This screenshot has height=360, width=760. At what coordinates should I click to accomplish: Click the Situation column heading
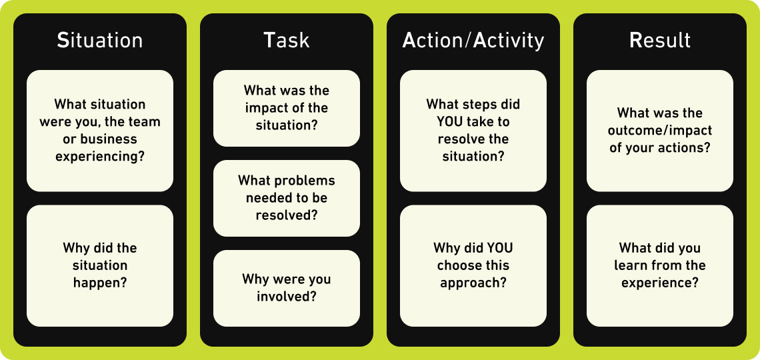[100, 41]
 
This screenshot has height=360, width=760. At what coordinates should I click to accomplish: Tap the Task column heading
[287, 41]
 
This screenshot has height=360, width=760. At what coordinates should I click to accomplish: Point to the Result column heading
[660, 41]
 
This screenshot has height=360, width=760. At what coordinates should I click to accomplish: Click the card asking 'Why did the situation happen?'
[100, 265]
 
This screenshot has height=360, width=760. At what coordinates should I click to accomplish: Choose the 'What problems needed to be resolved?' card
[287, 198]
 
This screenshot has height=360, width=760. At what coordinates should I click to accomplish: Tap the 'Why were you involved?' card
[287, 288]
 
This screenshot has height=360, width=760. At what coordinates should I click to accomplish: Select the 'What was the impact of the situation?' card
[287, 108]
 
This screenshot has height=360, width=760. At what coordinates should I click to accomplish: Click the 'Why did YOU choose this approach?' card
[473, 265]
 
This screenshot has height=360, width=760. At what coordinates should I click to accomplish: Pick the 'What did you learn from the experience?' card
[660, 265]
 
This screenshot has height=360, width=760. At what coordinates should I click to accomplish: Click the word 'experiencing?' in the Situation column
[100, 157]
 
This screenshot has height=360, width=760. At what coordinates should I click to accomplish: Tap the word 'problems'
[305, 181]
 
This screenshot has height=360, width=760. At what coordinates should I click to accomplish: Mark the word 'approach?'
[473, 283]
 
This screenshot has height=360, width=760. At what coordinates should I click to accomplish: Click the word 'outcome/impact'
[660, 131]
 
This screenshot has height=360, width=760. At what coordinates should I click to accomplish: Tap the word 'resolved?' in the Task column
[287, 215]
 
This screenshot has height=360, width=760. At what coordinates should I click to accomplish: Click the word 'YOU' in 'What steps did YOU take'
[441, 121]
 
